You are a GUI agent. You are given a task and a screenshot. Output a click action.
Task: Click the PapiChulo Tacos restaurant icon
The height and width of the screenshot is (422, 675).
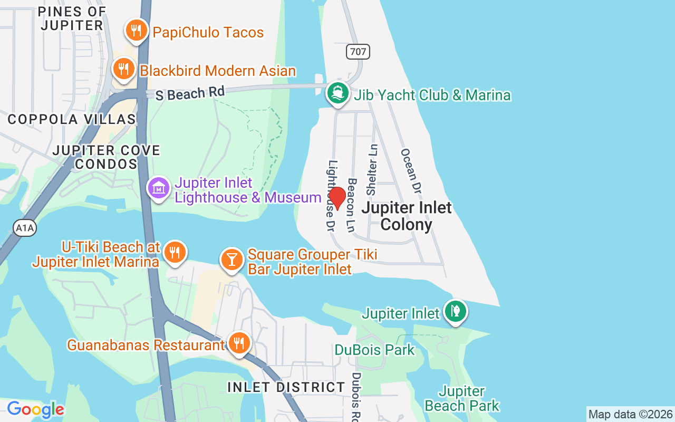[137, 30]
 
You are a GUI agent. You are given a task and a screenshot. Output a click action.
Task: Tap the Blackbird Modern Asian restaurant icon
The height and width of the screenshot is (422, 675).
[123, 69]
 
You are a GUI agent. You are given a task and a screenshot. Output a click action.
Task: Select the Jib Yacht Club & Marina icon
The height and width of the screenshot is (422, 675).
[338, 93]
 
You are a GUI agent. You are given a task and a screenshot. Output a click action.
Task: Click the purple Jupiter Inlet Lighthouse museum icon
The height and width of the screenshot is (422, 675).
[159, 188]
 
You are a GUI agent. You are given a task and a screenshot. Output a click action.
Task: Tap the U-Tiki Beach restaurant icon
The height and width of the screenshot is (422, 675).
[174, 252]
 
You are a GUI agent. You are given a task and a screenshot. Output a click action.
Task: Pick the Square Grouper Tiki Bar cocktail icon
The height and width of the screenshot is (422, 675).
[231, 259]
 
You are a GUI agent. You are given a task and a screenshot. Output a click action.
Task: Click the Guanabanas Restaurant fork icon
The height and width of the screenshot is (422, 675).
[239, 343]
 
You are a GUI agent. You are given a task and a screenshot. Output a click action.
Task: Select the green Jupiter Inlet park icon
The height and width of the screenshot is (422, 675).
[455, 311]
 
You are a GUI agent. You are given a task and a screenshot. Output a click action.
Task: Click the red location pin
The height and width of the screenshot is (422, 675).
[337, 198]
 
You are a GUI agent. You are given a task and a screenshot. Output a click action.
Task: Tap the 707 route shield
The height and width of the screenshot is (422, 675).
[358, 52]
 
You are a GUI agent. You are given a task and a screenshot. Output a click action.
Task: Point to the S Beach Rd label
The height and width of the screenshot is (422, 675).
[190, 93]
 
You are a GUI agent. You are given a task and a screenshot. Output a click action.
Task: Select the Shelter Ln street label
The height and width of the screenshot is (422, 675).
[372, 163]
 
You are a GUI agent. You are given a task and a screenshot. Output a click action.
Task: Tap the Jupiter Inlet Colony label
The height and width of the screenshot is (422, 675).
[407, 216]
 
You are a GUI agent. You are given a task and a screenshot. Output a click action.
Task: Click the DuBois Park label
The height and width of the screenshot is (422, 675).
[374, 350]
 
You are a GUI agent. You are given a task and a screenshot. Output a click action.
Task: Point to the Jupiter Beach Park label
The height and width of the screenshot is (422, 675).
[462, 398]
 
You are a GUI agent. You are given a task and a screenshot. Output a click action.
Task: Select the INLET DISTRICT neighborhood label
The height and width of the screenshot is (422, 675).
[286, 387]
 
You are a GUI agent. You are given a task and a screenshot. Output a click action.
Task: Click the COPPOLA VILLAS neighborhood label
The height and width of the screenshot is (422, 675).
[72, 119]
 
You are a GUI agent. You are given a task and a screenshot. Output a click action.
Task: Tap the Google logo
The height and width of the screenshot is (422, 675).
[35, 409]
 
